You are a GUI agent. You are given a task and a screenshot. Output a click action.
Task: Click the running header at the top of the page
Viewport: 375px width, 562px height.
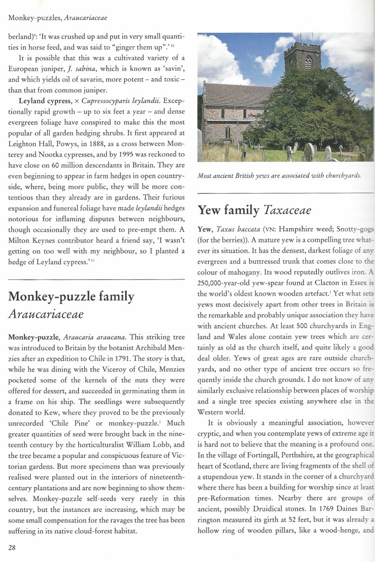tap(58, 18)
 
